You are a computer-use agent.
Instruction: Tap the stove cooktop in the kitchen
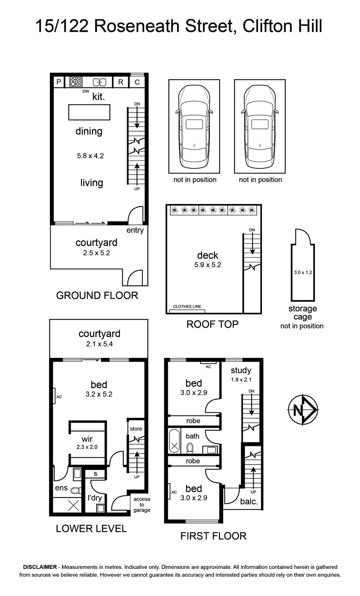pyautogui.click(x=76, y=82)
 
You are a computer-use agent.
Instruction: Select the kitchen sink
pyautogui.click(x=100, y=82)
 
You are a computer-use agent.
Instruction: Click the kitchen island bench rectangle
pyautogui.click(x=89, y=112)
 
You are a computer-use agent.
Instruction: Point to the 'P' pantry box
pyautogui.click(x=59, y=82)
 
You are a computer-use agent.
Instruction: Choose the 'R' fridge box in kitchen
pyautogui.click(x=121, y=82)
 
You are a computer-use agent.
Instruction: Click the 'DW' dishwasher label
pyautogui.click(x=86, y=91)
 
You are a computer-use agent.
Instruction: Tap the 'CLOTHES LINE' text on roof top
pyautogui.click(x=187, y=306)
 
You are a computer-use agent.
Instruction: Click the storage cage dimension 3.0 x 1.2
pyautogui.click(x=303, y=272)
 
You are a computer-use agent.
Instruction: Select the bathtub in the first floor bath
pyautogui.click(x=174, y=441)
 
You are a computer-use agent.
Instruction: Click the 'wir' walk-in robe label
pyautogui.click(x=87, y=439)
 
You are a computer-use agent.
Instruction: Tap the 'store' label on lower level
pyautogui.click(x=136, y=429)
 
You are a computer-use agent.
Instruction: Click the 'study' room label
pyautogui.click(x=241, y=370)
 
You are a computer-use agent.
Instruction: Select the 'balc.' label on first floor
pyautogui.click(x=249, y=501)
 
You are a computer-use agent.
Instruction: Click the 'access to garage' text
pyautogui.click(x=142, y=504)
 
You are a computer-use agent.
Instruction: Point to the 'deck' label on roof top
pyautogui.click(x=208, y=256)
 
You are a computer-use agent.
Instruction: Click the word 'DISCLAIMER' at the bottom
pyautogui.click(x=40, y=567)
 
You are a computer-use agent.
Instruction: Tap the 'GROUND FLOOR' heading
pyautogui.click(x=97, y=296)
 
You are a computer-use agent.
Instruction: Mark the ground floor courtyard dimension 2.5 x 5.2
pyautogui.click(x=97, y=253)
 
